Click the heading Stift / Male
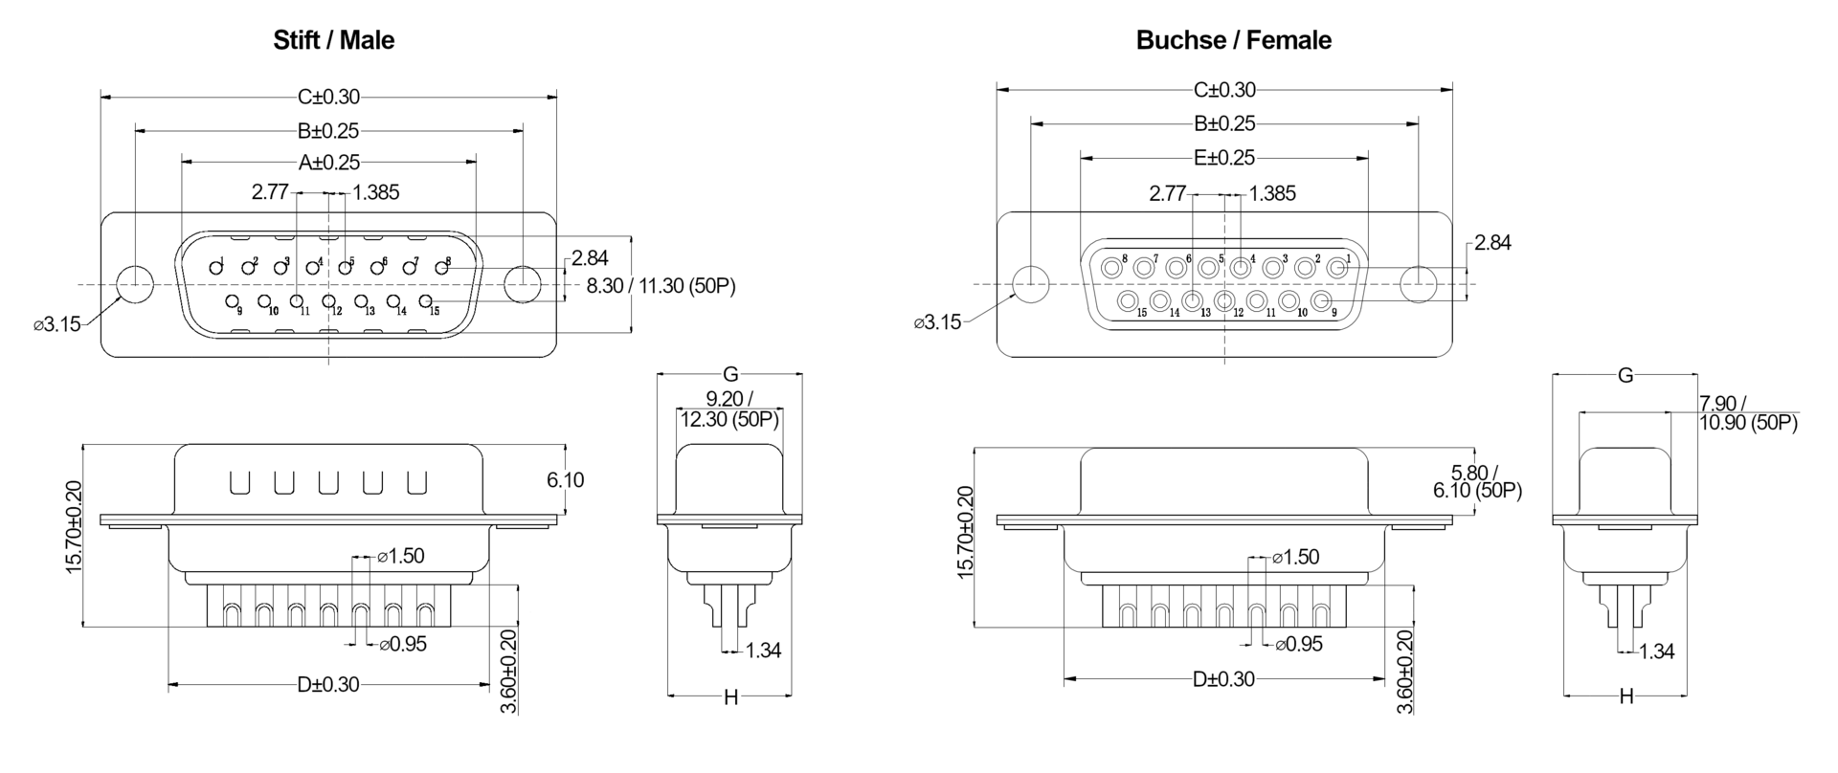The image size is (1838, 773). [333, 40]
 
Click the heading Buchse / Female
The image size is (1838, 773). [1233, 40]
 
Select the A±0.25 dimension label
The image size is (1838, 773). [328, 163]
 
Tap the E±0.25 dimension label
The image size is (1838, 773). [1224, 157]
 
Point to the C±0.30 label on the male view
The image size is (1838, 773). [328, 97]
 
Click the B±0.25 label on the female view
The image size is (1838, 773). [1224, 123]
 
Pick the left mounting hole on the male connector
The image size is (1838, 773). [135, 284]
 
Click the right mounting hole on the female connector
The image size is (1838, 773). [1418, 284]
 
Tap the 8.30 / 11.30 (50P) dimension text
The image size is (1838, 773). [661, 285]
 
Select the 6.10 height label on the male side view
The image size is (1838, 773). [565, 479]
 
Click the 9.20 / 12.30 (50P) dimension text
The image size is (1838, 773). [729, 409]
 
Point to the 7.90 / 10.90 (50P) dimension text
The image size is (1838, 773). [1747, 412]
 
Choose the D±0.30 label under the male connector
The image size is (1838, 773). [328, 684]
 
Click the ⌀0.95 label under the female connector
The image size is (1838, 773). [1299, 644]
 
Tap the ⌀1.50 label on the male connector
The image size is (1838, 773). [401, 556]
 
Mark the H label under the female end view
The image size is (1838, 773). [1625, 696]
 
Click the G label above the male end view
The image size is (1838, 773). [729, 374]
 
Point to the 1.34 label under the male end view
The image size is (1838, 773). [763, 651]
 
